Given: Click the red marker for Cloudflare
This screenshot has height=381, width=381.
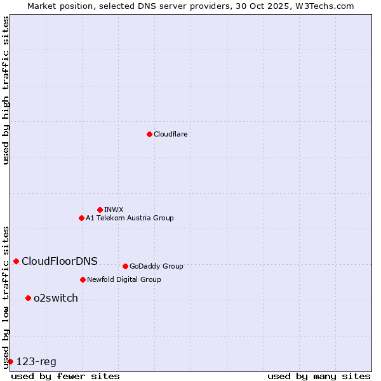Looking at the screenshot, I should (149, 134).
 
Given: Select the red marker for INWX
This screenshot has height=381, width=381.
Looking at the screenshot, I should (100, 210).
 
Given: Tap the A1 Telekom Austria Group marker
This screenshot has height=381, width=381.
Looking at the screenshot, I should (81, 218).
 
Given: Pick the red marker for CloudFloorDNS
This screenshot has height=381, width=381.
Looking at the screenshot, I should (16, 261).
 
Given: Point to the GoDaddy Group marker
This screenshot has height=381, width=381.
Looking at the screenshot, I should (125, 266).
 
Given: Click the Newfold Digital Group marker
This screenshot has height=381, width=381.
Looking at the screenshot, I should (83, 279).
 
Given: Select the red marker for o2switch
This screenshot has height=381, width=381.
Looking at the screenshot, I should (28, 298).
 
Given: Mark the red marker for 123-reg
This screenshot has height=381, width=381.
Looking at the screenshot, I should (10, 361).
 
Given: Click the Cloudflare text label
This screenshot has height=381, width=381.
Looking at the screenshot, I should (170, 134).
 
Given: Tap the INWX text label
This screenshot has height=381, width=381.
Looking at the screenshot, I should (114, 210).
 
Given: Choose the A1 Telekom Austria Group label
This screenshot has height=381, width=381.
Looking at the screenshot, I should (130, 218).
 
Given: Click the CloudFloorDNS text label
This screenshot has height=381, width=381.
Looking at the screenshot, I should (60, 261).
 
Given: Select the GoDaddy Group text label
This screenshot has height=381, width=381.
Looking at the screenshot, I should (156, 266).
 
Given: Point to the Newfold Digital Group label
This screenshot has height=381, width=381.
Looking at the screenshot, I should (124, 279).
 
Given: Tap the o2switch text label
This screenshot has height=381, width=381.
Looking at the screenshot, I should (56, 298).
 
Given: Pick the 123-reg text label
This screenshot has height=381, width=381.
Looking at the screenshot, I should (36, 361).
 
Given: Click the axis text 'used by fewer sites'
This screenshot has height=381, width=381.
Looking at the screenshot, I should (65, 376).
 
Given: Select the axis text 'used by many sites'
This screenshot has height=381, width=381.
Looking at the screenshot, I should (319, 376).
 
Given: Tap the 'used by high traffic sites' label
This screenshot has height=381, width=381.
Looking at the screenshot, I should (6, 90).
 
